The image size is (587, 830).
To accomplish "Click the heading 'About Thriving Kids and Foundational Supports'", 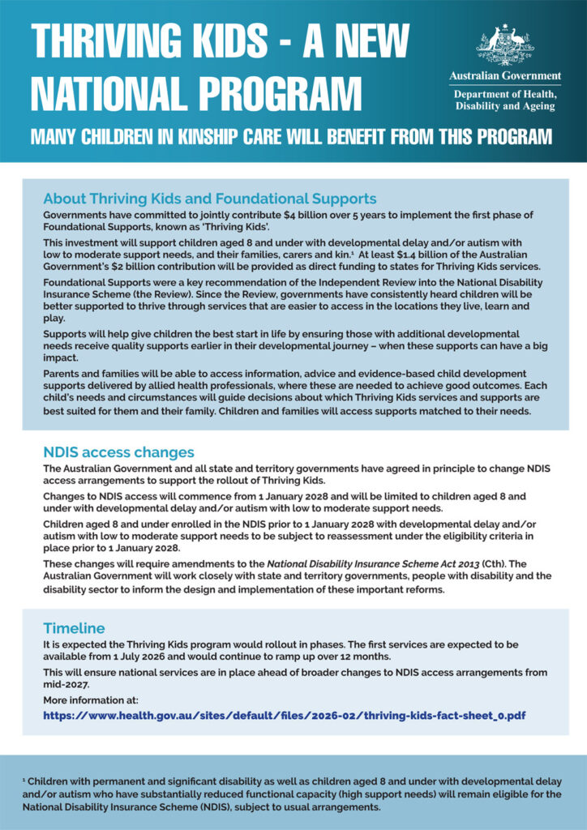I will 209,199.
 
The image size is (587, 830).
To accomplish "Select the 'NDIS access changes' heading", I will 118,452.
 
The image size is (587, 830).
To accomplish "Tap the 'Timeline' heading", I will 74,628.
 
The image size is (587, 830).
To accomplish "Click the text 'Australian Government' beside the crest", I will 504,76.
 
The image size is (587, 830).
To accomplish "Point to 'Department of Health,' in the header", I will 504,94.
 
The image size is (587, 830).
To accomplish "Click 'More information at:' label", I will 91,700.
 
